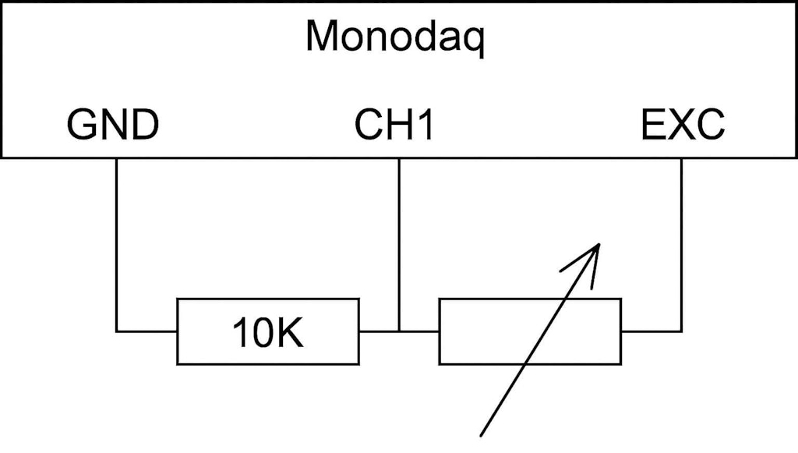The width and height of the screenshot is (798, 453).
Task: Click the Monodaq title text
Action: (394, 37)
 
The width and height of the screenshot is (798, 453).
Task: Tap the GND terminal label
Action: (113, 125)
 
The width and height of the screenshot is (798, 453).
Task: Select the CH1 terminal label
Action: (394, 125)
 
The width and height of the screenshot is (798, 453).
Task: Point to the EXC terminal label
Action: (683, 125)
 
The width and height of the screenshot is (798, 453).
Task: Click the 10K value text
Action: (268, 332)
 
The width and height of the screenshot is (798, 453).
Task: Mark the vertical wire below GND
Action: (117, 242)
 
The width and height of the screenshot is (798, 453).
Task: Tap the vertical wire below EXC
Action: (682, 242)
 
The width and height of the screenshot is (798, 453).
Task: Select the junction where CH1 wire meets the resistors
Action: (399, 331)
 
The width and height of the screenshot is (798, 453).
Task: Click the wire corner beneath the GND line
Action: (117, 331)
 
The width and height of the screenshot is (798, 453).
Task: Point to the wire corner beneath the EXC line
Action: (682, 331)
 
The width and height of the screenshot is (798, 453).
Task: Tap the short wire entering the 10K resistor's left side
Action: (148, 331)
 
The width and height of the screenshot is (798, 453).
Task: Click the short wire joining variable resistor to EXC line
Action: (651, 331)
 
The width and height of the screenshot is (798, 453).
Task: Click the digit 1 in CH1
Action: (422, 125)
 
